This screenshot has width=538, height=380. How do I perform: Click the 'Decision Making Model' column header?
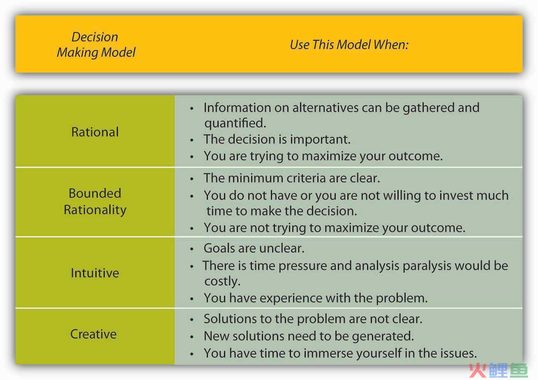[x=96, y=45]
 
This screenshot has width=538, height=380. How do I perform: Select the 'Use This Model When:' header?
[x=349, y=45]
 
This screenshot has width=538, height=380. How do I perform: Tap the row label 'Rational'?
[x=95, y=132]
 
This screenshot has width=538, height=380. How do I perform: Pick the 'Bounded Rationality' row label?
[x=95, y=202]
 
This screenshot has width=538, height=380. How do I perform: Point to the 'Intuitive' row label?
[x=95, y=273]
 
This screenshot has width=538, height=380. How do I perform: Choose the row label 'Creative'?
[x=93, y=334]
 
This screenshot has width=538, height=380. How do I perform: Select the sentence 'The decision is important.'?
[x=277, y=139]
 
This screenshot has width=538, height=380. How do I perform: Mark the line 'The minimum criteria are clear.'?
[x=292, y=178]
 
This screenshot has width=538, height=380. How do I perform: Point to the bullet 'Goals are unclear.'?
[x=254, y=248]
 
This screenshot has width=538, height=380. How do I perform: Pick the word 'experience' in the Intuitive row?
[x=291, y=298]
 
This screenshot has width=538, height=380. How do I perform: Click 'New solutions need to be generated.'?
[x=309, y=336]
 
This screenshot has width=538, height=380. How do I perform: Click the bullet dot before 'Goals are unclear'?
[x=192, y=249]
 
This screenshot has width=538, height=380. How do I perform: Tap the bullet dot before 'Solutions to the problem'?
[x=192, y=320]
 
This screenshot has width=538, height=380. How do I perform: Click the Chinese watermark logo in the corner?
[x=499, y=371]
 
